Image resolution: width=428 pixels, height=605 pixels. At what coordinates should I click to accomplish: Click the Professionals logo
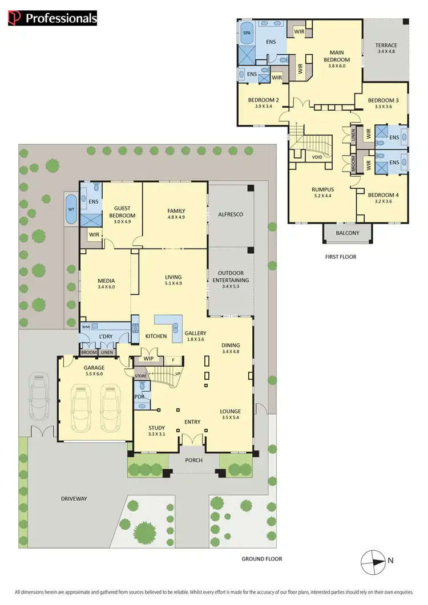point(53,18)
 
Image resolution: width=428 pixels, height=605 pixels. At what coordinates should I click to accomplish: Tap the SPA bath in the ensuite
point(247,33)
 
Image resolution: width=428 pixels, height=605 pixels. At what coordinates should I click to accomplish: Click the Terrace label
point(386,46)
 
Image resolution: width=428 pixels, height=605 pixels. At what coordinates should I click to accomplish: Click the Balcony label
point(348,233)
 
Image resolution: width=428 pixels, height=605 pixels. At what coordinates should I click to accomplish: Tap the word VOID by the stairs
point(317,157)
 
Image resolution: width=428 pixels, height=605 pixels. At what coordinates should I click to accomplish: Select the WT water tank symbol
point(71,209)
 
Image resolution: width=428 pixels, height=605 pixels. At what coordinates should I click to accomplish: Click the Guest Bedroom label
point(124,212)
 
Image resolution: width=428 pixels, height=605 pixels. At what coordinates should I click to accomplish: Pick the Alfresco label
point(231,214)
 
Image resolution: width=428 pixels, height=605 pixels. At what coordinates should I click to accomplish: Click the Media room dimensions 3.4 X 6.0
point(107,287)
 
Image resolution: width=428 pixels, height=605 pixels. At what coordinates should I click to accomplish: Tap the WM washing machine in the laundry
point(86,327)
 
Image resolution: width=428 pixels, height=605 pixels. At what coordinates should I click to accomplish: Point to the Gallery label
point(196,333)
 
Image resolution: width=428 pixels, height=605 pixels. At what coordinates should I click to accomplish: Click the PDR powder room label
point(139,396)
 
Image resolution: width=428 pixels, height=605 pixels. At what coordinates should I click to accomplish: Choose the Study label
point(156,427)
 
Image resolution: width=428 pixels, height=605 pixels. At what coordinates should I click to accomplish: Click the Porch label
point(193,460)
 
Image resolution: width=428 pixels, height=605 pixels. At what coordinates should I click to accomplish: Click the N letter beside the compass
point(390,561)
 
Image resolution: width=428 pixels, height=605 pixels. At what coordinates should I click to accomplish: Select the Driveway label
point(74,498)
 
